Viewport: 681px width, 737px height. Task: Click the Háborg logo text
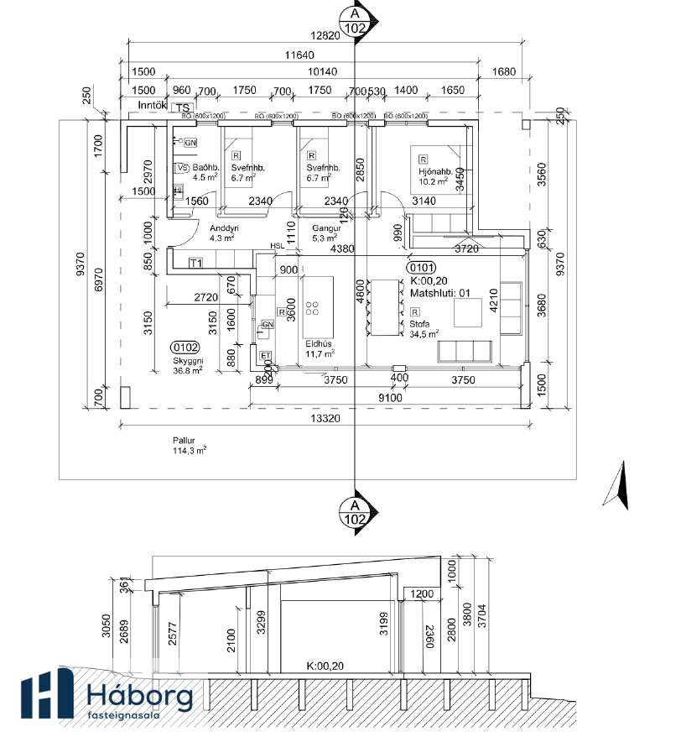pyautogui.click(x=139, y=696)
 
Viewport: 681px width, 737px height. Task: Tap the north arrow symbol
pyautogui.click(x=620, y=486)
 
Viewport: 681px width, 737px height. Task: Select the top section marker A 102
pyautogui.click(x=355, y=20)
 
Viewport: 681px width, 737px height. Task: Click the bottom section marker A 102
pyautogui.click(x=355, y=512)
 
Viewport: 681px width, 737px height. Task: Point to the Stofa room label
pyautogui.click(x=419, y=322)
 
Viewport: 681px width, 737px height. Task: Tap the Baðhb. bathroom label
pyautogui.click(x=205, y=167)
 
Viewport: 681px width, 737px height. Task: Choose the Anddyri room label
pyautogui.click(x=225, y=228)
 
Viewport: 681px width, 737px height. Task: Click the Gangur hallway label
pyautogui.click(x=324, y=228)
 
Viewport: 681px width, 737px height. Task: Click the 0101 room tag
pyautogui.click(x=420, y=268)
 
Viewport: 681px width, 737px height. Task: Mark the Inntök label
pyautogui.click(x=153, y=106)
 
